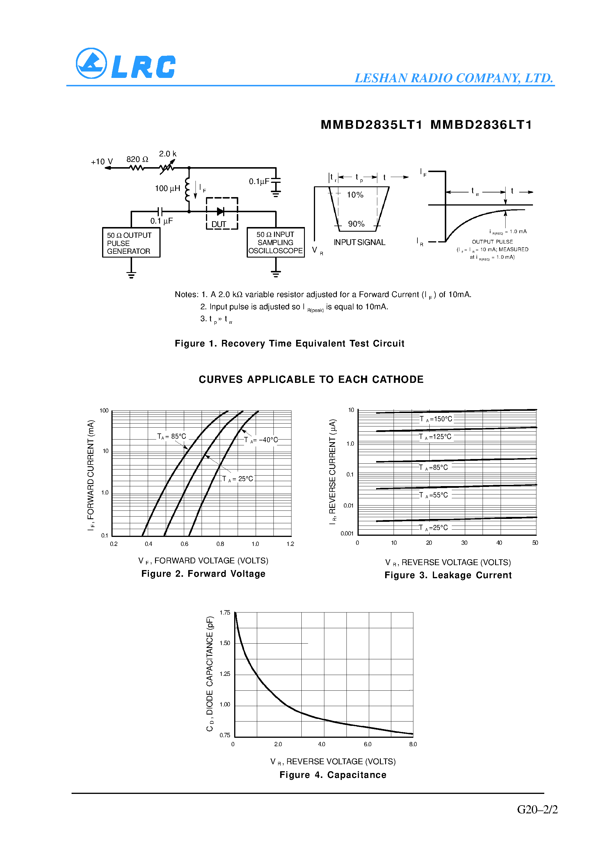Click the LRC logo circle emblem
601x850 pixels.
(x=91, y=63)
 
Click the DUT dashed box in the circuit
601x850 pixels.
(x=222, y=214)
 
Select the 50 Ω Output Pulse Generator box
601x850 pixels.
(x=131, y=243)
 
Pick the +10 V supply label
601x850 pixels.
(x=102, y=162)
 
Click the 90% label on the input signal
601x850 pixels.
(x=356, y=224)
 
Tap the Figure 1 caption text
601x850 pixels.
(x=289, y=344)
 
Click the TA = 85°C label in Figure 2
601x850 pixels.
(x=172, y=436)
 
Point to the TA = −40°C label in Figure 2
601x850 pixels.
(x=261, y=440)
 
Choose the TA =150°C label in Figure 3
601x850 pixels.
(x=436, y=419)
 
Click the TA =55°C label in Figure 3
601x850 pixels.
(x=433, y=495)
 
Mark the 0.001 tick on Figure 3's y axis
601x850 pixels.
(x=347, y=533)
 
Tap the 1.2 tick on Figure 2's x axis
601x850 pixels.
(x=290, y=544)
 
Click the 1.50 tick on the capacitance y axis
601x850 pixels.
(x=225, y=643)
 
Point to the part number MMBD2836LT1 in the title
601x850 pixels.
(x=481, y=125)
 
